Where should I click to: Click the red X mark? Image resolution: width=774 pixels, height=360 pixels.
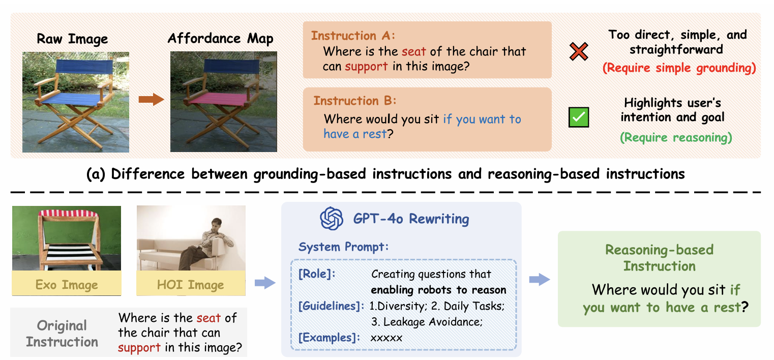click(x=578, y=52)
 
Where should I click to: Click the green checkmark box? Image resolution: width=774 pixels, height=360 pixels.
click(x=578, y=117)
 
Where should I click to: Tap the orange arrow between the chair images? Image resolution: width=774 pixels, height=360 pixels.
click(x=152, y=100)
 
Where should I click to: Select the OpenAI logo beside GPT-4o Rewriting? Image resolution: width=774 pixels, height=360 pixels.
click(x=332, y=218)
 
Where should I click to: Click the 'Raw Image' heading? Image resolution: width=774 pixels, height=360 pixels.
click(x=72, y=39)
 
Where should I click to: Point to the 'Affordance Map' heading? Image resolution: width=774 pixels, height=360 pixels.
click(x=220, y=38)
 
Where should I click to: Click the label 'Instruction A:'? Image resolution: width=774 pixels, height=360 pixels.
click(x=353, y=36)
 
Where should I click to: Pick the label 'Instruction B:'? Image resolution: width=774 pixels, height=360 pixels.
click(x=354, y=101)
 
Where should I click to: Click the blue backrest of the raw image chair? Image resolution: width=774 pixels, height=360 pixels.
click(x=84, y=66)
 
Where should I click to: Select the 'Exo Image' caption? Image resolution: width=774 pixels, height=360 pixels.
click(x=67, y=285)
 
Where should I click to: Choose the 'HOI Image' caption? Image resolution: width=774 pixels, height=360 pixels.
click(x=190, y=285)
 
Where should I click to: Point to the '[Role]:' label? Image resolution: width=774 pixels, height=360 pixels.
click(x=317, y=274)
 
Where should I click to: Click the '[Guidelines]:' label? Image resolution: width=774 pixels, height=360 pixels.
click(x=331, y=306)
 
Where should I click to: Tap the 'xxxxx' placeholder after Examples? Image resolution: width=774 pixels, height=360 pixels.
click(x=386, y=338)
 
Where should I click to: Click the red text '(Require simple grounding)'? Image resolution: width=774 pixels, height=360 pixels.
click(x=679, y=68)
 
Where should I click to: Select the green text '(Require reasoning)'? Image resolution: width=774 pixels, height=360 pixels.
click(x=676, y=137)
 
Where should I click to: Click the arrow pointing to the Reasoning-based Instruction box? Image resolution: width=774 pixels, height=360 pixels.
click(x=540, y=279)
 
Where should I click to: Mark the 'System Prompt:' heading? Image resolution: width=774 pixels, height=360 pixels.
click(x=343, y=247)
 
